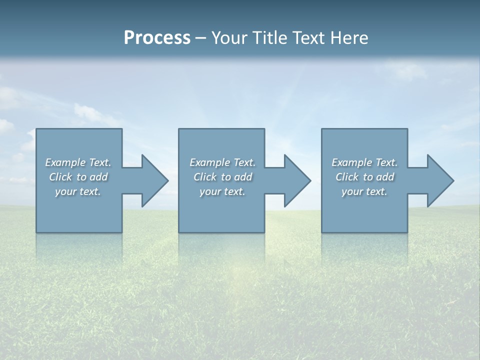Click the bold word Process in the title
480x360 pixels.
click(157, 38)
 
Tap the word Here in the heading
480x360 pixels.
click(349, 38)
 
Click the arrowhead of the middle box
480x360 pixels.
click(296, 180)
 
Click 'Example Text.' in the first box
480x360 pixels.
click(78, 162)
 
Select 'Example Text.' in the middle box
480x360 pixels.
click(222, 162)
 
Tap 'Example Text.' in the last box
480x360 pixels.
click(364, 162)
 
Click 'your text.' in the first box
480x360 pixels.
click(78, 191)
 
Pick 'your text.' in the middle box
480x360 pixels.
click(222, 191)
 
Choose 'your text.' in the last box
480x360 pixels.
click(364, 191)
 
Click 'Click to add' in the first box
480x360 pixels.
click(78, 177)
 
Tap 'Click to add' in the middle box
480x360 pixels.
click(222, 177)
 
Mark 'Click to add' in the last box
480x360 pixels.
click(364, 177)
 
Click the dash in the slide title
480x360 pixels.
click(200, 38)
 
